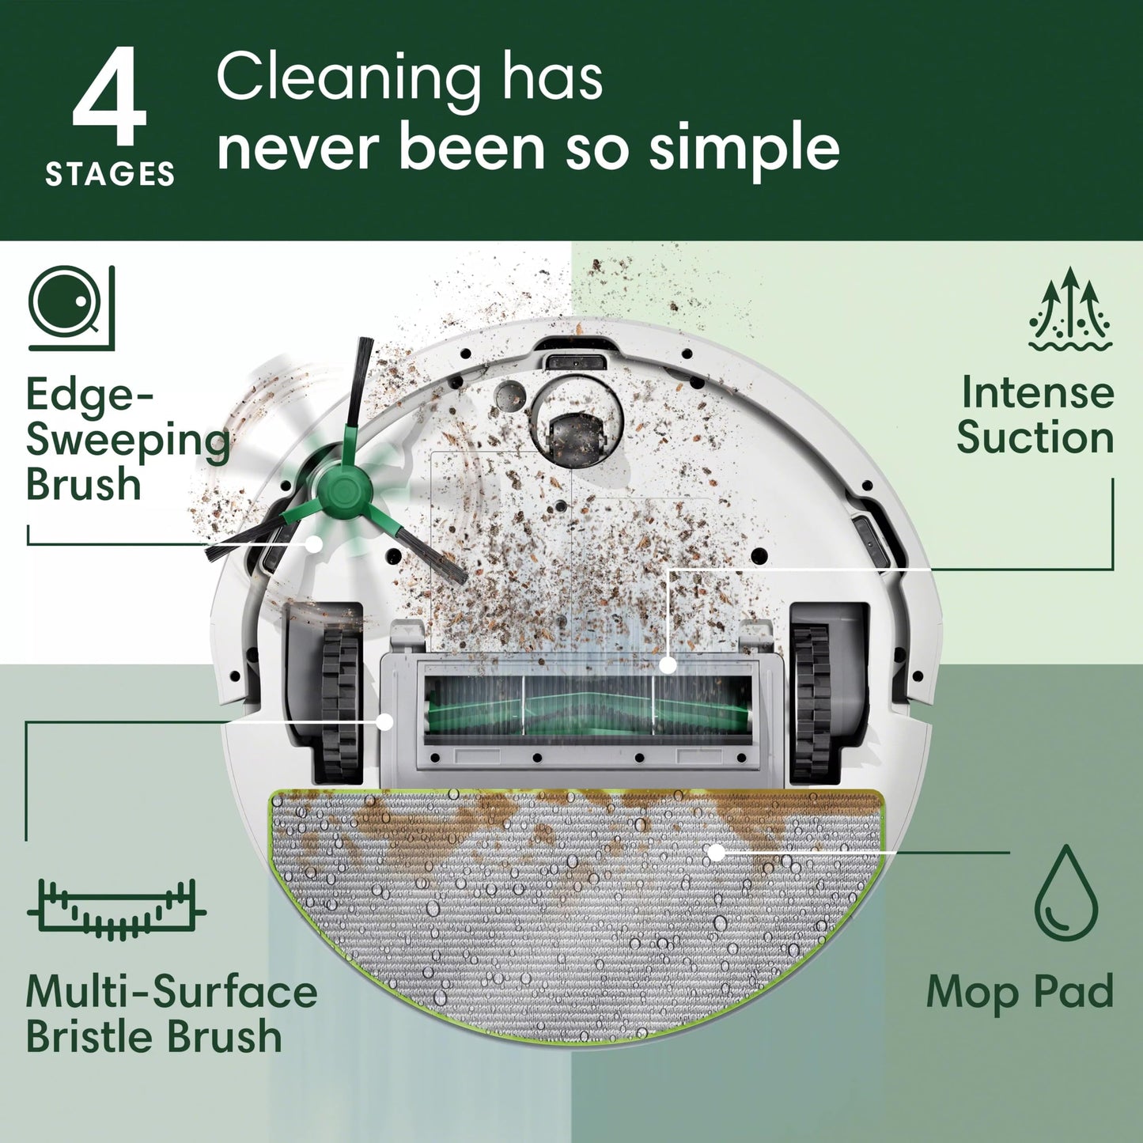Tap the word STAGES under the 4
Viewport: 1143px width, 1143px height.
tap(110, 174)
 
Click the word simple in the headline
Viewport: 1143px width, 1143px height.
tap(744, 148)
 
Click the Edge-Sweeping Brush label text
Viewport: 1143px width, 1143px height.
tap(127, 439)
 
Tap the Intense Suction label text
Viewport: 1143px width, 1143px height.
tap(1035, 415)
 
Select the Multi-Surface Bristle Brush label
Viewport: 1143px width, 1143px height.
tap(170, 1014)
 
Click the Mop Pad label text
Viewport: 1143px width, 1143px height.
tap(1020, 992)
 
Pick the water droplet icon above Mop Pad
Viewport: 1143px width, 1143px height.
tap(1066, 891)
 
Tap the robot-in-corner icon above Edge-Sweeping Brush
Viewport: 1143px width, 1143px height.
tap(71, 308)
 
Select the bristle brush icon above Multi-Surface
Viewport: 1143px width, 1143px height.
tap(117, 909)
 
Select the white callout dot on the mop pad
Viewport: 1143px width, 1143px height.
tap(716, 853)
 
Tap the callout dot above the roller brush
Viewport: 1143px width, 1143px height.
tap(668, 665)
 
